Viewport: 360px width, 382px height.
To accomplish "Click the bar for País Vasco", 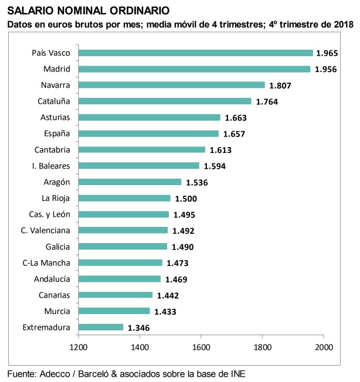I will coord(195,53).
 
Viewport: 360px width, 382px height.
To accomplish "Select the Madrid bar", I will coord(194,69).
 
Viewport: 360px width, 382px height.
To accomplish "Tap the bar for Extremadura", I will coord(100,327).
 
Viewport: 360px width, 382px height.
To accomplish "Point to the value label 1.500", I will coord(186,199).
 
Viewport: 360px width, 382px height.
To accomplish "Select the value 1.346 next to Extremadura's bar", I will coord(140,328).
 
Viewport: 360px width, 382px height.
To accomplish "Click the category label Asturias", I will coord(55,117).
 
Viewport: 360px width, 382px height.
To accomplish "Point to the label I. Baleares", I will coord(51,165).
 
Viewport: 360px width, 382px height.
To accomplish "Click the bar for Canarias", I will coord(115,295).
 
